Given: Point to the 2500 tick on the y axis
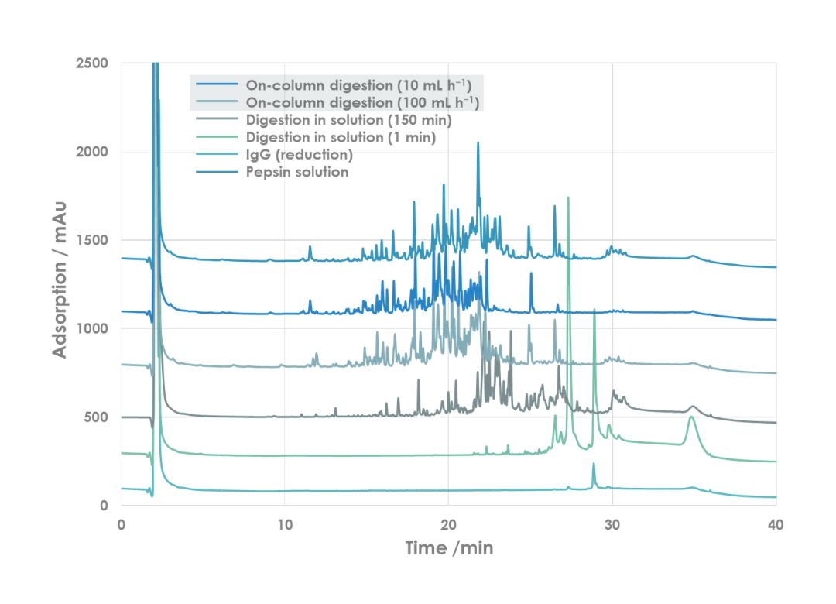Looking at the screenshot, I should pyautogui.click(x=92, y=63).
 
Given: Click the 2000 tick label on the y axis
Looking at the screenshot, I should pyautogui.click(x=92, y=152).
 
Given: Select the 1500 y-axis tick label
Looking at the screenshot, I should pyautogui.click(x=92, y=240).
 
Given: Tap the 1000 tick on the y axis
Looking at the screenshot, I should pyautogui.click(x=92, y=329).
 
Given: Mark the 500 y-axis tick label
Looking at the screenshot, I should pyautogui.click(x=96, y=417).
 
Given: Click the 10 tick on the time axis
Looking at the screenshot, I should pyautogui.click(x=285, y=524).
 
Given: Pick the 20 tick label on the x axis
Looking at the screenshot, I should pyautogui.click(x=448, y=524).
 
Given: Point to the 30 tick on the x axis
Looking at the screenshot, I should pyautogui.click(x=612, y=524).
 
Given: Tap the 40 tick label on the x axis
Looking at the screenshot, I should pyautogui.click(x=776, y=524).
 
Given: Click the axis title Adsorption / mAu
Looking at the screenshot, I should pyautogui.click(x=60, y=280).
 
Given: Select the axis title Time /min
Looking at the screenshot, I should pyautogui.click(x=449, y=548).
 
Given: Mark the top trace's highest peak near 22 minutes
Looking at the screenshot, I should pyautogui.click(x=478, y=143).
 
